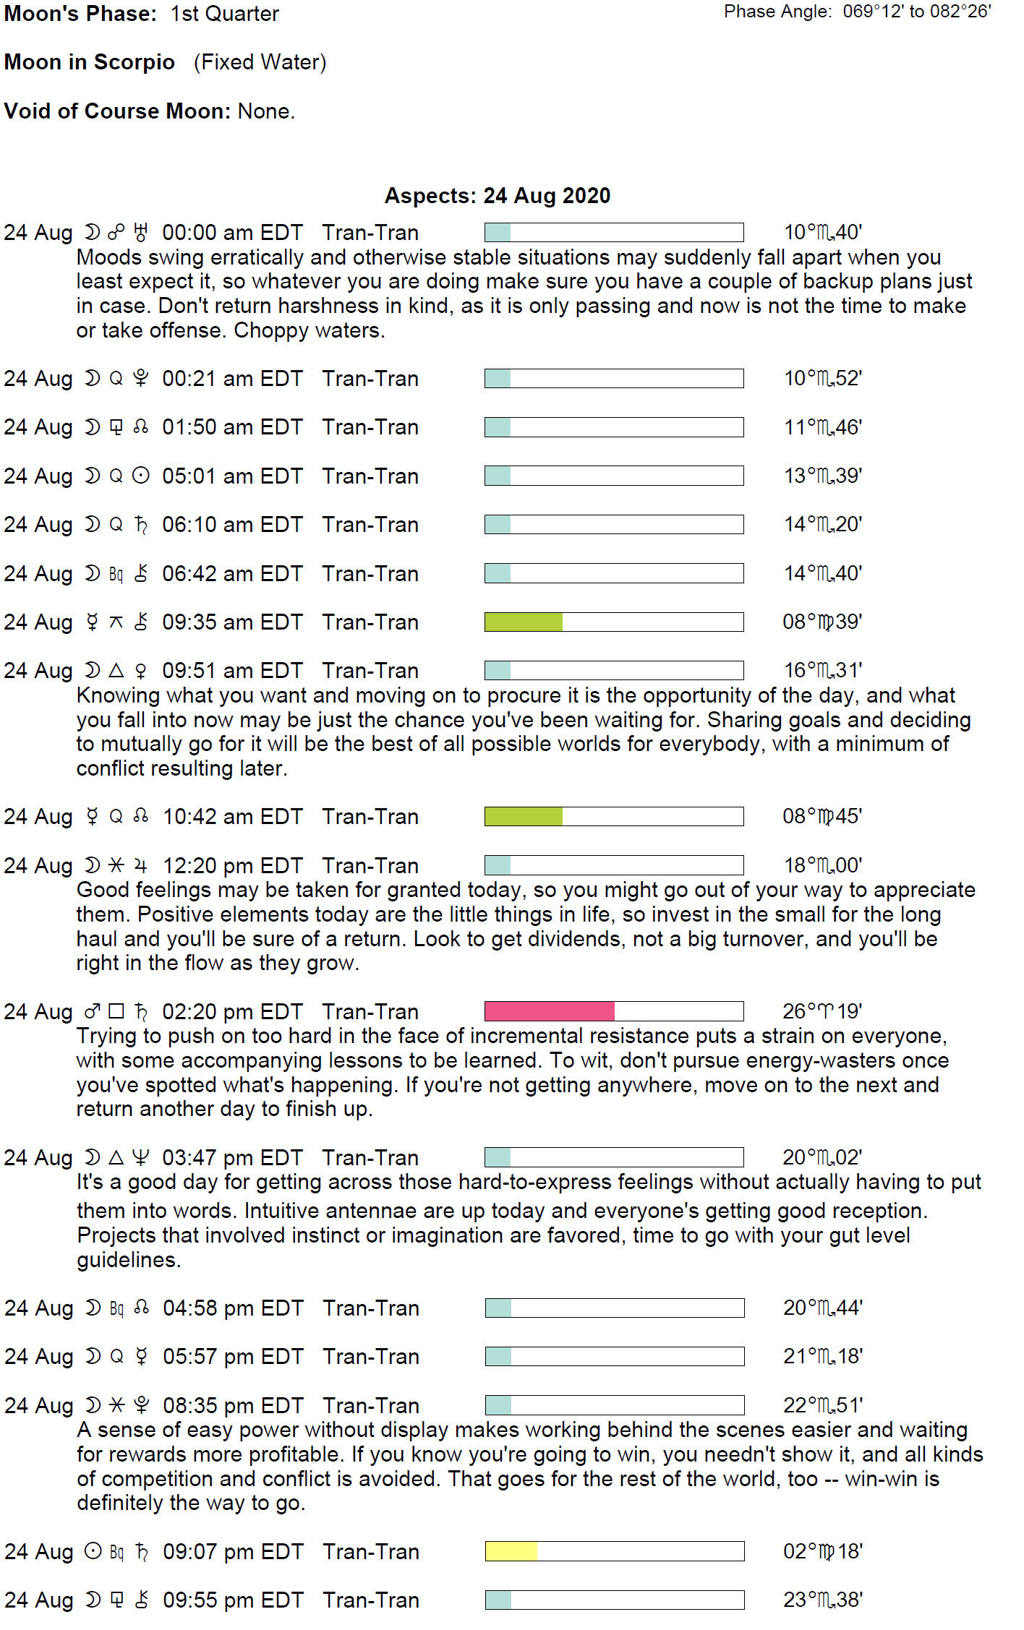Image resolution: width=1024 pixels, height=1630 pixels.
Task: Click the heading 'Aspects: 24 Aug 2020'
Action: tap(498, 196)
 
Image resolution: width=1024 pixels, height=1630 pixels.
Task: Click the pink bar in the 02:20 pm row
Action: tap(549, 1011)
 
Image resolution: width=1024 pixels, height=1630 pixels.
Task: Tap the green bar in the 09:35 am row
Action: tap(523, 622)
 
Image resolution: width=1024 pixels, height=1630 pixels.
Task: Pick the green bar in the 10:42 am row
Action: tap(523, 816)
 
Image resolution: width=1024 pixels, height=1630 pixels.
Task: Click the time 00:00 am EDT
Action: tap(232, 233)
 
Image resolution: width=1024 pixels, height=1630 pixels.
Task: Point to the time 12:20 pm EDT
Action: tap(232, 865)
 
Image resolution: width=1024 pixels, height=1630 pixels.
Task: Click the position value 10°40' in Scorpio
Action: tap(823, 233)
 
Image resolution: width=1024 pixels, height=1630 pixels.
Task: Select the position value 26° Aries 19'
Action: tap(822, 1011)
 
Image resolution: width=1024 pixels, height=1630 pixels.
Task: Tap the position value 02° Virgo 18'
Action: tap(823, 1551)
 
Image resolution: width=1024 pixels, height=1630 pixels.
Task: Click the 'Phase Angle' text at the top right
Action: tap(777, 12)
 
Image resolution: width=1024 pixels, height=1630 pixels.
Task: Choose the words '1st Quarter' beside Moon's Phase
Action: tap(225, 14)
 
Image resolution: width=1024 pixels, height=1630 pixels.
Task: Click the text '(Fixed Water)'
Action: tap(260, 62)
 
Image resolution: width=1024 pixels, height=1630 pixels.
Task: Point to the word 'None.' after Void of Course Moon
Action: tap(266, 111)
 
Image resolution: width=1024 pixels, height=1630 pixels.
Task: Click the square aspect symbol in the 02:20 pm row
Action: tap(116, 1011)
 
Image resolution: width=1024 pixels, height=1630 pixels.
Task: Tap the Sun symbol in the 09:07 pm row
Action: tap(93, 1550)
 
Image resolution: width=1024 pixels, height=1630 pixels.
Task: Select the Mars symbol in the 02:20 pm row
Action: tap(92, 1011)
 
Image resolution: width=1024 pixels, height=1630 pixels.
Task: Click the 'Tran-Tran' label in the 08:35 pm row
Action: tap(371, 1405)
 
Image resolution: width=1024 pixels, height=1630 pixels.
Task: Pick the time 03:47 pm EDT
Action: tap(232, 1157)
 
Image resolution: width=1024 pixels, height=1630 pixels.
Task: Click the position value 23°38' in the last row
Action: tap(823, 1600)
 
